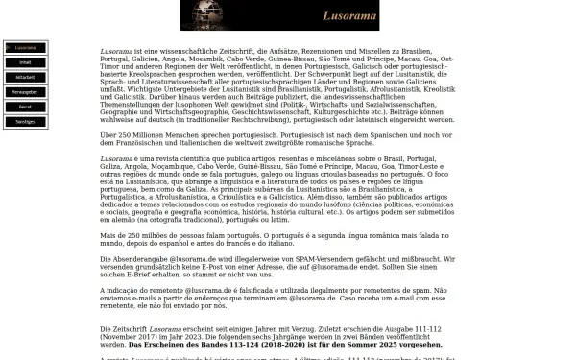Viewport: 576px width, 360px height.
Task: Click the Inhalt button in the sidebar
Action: [x=25, y=62]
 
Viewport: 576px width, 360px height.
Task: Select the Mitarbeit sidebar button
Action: [x=25, y=77]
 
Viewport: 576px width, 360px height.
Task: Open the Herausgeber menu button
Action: [x=25, y=91]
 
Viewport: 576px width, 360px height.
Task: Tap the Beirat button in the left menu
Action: [x=25, y=106]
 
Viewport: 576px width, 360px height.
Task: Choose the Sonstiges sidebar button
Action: [x=25, y=121]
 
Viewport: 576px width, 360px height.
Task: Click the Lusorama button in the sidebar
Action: [x=25, y=47]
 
